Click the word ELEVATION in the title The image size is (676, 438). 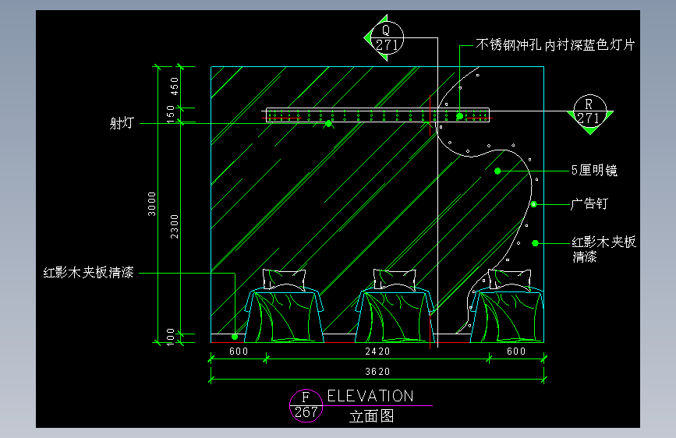click(x=370, y=396)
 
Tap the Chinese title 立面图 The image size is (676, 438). click(x=372, y=416)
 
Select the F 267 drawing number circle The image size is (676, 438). click(x=306, y=405)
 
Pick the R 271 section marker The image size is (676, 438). click(x=589, y=111)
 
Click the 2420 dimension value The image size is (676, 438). click(x=378, y=351)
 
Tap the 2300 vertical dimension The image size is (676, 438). click(x=175, y=226)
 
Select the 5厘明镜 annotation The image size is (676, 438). click(x=594, y=170)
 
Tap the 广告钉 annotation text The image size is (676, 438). click(x=589, y=204)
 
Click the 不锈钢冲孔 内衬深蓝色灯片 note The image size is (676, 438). click(x=557, y=45)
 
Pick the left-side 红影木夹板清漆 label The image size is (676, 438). click(x=89, y=273)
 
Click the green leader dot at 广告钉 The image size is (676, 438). click(x=535, y=204)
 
